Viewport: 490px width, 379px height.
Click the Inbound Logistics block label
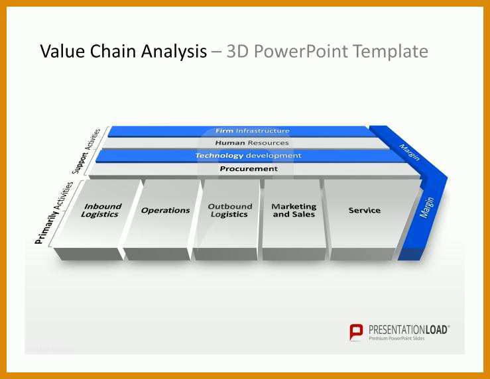click(101, 210)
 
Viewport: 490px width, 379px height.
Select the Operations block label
click(165, 211)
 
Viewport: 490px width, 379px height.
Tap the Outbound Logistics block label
click(229, 210)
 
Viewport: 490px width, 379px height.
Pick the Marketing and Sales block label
click(294, 210)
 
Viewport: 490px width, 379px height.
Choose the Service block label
click(365, 210)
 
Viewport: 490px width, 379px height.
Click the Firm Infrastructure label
click(253, 131)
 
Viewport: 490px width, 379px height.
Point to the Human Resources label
click(252, 142)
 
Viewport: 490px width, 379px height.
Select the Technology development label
click(249, 156)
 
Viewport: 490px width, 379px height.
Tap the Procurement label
click(249, 168)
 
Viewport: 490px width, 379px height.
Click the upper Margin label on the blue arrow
click(409, 152)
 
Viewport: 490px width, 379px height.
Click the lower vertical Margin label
click(427, 207)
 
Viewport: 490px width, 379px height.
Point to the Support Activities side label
click(86, 151)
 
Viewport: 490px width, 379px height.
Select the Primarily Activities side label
click(54, 213)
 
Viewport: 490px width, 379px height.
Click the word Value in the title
click(62, 51)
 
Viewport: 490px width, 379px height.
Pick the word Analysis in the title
click(174, 52)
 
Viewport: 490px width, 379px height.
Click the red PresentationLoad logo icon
click(356, 332)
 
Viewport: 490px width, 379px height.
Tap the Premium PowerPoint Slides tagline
click(397, 339)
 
